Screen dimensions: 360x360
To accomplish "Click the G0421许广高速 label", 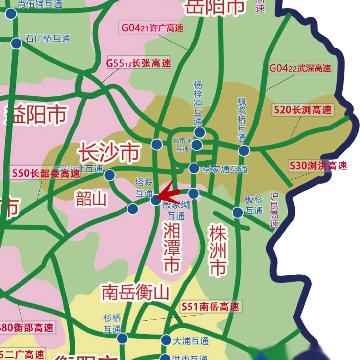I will pos(152,28).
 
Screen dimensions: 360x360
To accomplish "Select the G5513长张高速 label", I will pos(138,63).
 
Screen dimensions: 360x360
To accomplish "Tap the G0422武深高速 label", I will pos(300,68).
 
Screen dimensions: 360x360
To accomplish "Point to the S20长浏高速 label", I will pos(303,110).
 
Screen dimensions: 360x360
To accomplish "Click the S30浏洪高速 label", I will pos(318,166).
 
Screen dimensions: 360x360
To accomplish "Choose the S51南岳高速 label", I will pos(210,307).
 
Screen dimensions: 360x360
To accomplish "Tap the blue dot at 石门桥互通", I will pos(16,43).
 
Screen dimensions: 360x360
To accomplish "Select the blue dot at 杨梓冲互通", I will pos(199,132).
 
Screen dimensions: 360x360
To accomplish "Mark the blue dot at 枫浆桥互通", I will pos(244,151).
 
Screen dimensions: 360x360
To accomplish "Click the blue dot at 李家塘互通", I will pos(194,168).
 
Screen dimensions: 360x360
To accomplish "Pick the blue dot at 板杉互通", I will pos(238,212).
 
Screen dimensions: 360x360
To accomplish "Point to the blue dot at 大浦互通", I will pos(166,340).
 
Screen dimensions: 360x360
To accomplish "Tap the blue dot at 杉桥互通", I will pos(122,339).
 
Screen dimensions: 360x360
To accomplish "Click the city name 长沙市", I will pos(110,153).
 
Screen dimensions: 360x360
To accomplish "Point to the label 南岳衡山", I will pos(135,292).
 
